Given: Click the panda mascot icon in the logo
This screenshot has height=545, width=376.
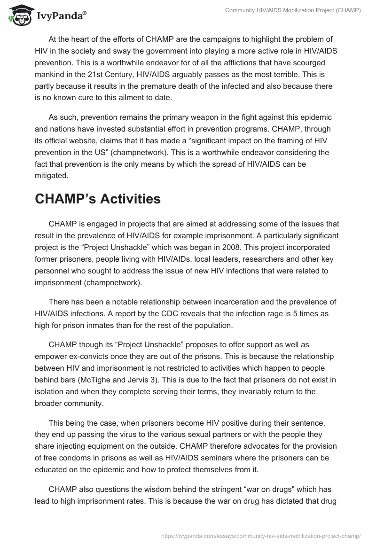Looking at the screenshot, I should coord(17,16).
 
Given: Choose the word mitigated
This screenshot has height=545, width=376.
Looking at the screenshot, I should coord(51,176).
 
